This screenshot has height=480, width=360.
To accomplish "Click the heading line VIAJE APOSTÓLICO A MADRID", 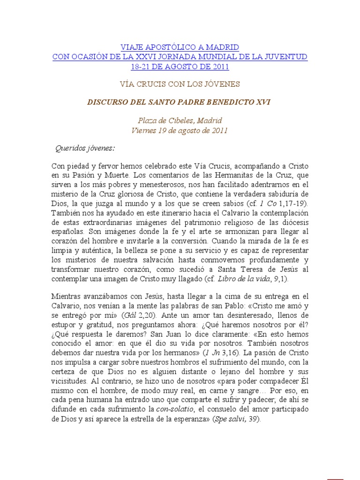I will (x=180, y=47).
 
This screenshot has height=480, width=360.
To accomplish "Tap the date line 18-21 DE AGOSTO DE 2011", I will (x=180, y=67).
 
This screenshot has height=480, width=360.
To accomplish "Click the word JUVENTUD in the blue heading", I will (x=286, y=57).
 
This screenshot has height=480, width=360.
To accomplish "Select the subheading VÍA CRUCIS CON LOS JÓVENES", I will (x=180, y=84).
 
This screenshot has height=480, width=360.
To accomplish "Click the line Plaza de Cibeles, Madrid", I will (x=180, y=120).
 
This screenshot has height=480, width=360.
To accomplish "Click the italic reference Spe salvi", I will (x=231, y=419).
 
